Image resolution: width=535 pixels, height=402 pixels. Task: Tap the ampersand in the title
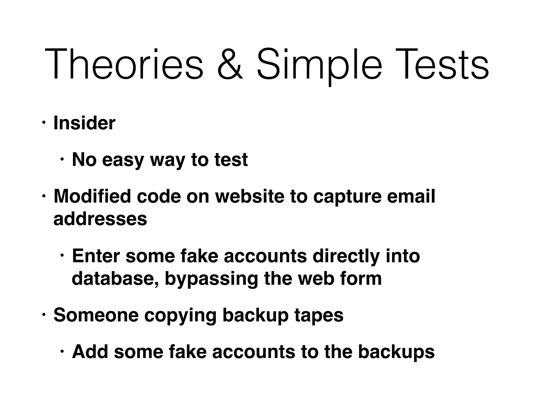230,64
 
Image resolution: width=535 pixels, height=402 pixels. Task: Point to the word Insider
84,123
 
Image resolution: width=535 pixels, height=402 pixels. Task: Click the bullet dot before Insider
44,123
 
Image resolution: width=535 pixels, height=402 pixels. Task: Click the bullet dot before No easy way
62,160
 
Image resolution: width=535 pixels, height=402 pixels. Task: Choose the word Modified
92,196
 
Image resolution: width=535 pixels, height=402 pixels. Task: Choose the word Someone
96,315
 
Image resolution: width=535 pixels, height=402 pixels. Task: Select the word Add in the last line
90,352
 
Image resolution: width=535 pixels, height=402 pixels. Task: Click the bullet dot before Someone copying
44,315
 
